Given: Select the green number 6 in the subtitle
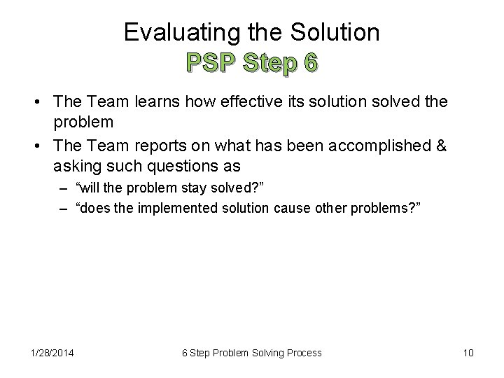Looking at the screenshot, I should click(309, 62).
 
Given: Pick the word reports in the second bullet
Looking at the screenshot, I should click(163, 147).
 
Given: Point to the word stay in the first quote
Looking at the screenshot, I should click(180, 190).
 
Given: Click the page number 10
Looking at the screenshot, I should click(468, 353).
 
